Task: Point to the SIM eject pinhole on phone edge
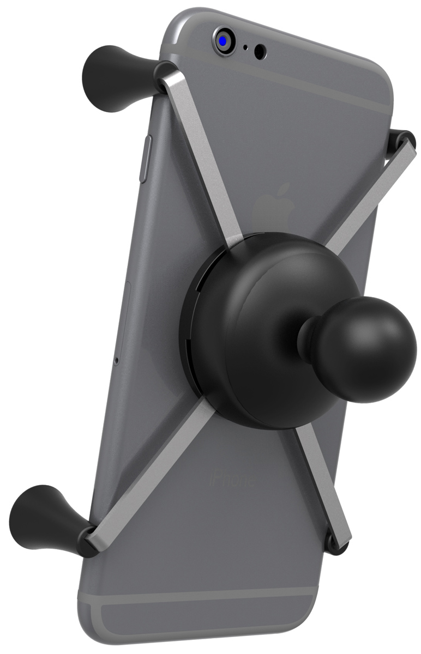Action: pyautogui.click(x=116, y=361)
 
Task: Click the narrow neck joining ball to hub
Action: pyautogui.click(x=305, y=338)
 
